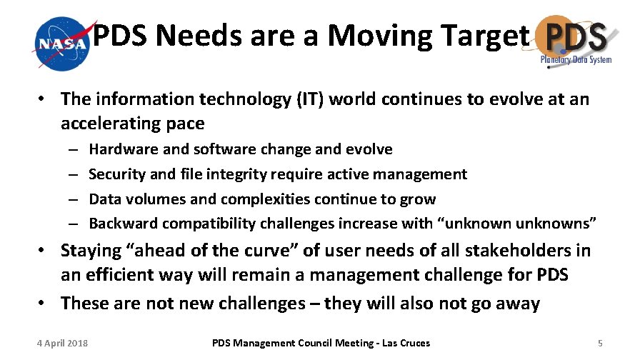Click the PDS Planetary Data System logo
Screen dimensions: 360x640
coord(576,41)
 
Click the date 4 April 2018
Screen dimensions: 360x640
coord(63,344)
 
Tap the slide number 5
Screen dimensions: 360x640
coord(601,344)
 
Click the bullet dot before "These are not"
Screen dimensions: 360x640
coord(45,304)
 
